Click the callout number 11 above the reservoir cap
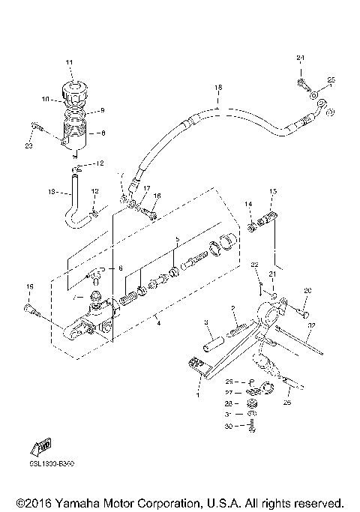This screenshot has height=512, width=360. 70,61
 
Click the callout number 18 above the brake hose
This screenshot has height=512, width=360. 218,88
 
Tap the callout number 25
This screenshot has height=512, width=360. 331,80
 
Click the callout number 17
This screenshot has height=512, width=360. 147,188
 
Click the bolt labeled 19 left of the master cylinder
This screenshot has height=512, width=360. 31,309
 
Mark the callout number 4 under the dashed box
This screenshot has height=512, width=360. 157,323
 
